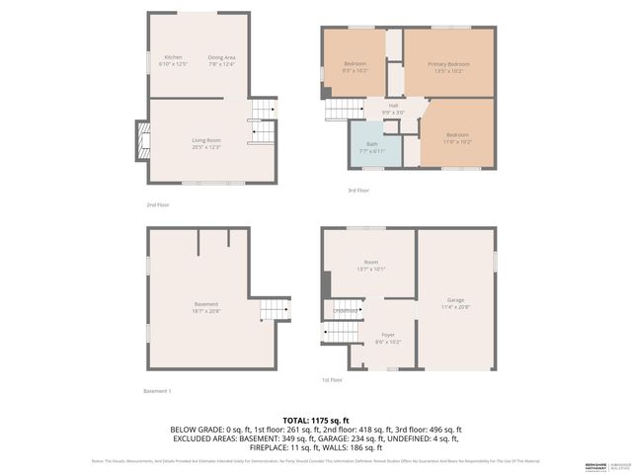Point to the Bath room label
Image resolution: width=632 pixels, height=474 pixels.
click(x=371, y=147)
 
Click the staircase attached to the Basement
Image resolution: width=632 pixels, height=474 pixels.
click(x=275, y=312)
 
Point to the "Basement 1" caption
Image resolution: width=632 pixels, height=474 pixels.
click(x=158, y=391)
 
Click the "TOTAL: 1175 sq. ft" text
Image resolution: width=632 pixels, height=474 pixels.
click(x=316, y=421)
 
